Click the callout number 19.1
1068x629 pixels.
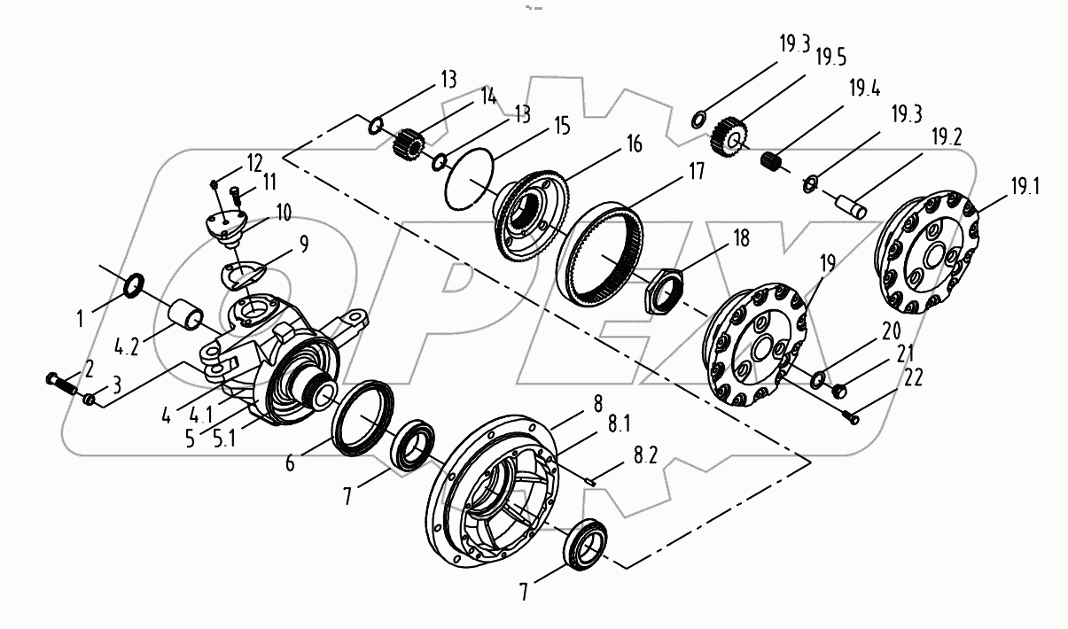1025,187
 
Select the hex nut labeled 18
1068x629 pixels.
661,290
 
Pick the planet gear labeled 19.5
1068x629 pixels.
730,135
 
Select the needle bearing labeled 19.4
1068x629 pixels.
776,160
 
